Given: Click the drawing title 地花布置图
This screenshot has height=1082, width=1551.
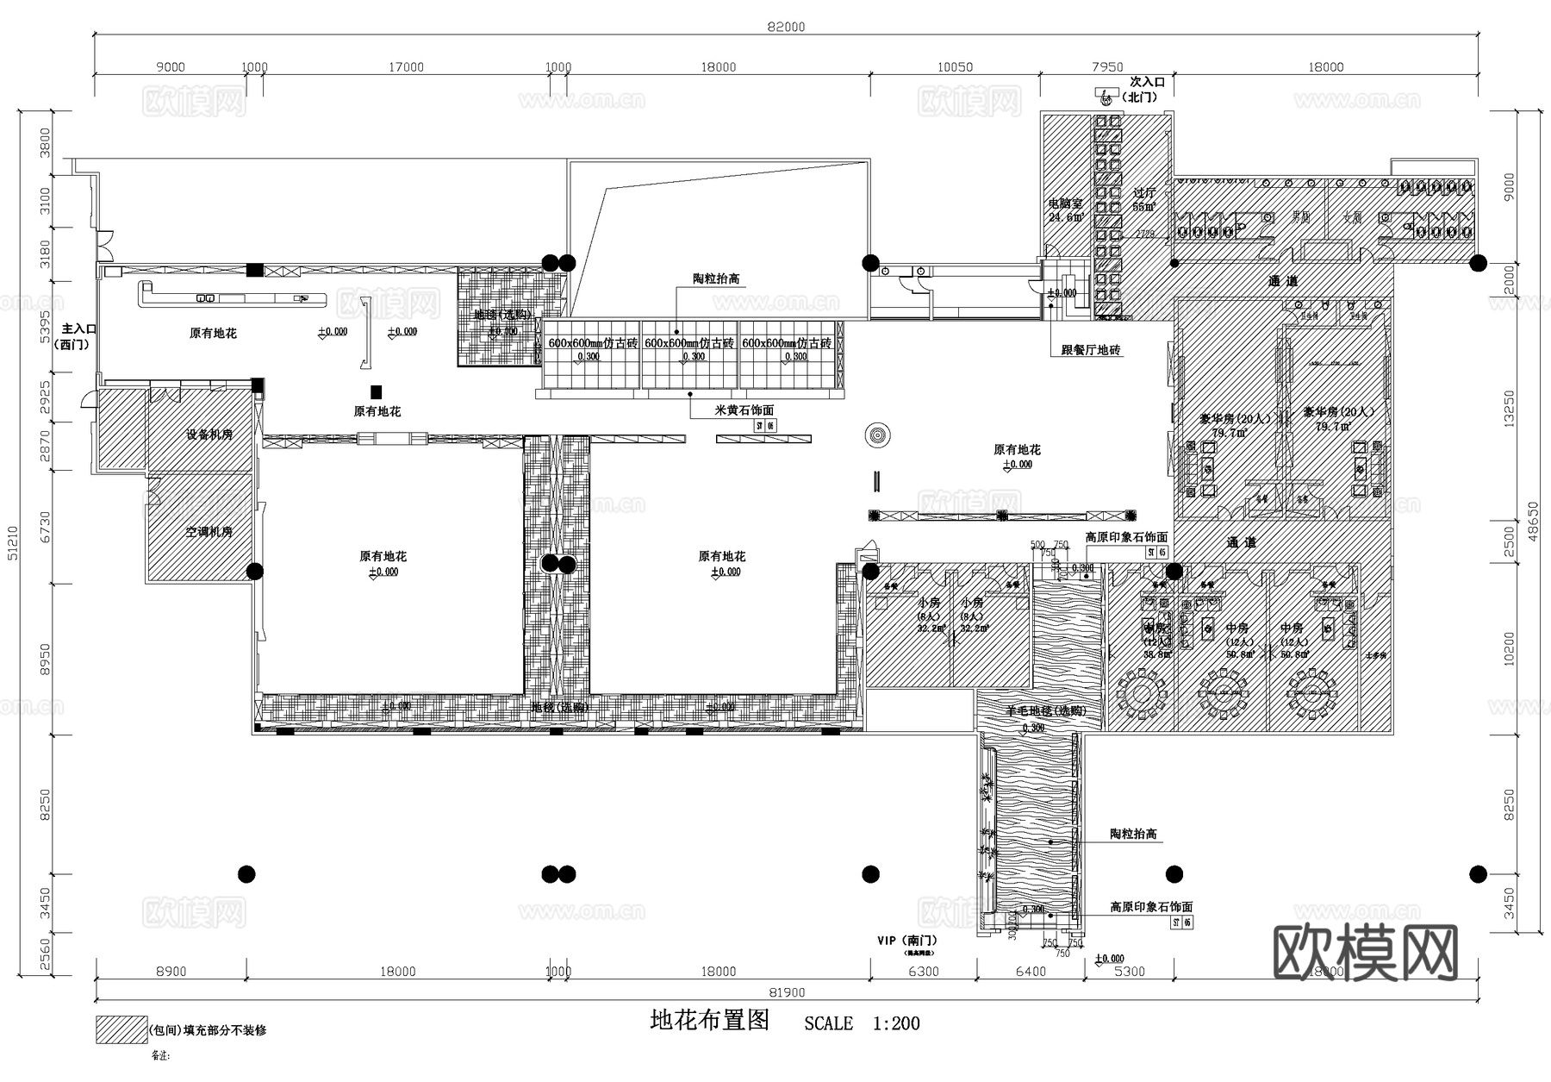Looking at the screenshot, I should (709, 1021).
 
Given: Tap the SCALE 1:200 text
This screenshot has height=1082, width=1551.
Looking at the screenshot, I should (862, 1023).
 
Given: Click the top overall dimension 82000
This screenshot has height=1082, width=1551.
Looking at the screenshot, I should (786, 27).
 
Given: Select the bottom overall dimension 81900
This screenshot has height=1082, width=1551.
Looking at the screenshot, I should (785, 993).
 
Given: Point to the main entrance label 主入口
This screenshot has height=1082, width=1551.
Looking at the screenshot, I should (78, 329).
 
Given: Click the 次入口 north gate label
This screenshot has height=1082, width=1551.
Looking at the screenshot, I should (1147, 82).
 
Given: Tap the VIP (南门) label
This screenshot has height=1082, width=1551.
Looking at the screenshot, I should (907, 941).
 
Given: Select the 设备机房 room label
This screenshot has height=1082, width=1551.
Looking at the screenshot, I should (209, 435).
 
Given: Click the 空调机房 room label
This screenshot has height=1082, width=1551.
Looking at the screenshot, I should (209, 532).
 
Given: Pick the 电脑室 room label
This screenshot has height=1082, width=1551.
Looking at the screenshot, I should (1065, 204).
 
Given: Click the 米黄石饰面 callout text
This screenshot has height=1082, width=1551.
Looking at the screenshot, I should (744, 410).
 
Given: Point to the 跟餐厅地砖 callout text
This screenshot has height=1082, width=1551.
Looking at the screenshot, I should (1091, 349).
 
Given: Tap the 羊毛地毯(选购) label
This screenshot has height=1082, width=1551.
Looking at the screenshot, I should (1046, 711).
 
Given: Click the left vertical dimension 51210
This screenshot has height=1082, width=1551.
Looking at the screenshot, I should (12, 543).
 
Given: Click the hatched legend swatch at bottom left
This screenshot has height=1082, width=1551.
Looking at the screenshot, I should (121, 1029).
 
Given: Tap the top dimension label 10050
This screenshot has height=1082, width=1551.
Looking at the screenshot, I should (955, 66).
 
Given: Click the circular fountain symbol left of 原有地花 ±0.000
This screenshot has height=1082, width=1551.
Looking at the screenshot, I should (878, 435).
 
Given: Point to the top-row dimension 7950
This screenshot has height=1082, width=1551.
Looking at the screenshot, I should (1107, 66).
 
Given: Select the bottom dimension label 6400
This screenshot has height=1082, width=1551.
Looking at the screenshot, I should (1031, 972).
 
